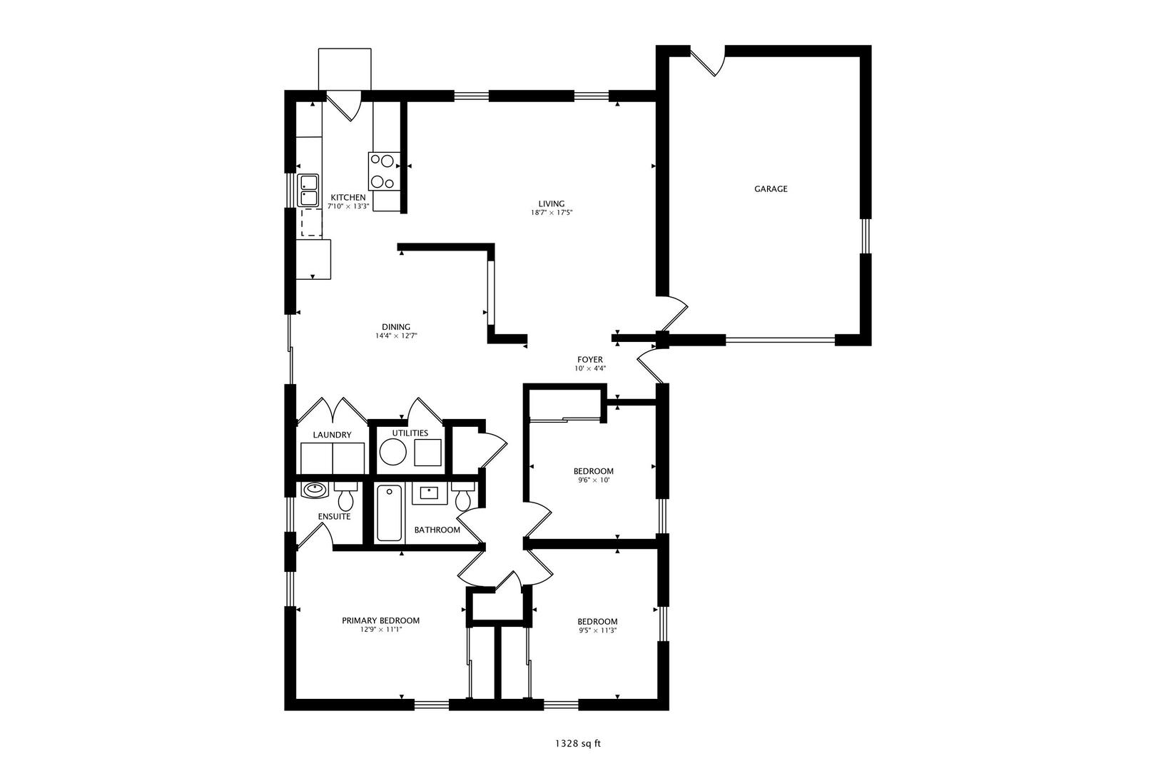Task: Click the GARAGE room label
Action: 771,189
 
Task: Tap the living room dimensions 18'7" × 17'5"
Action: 552,213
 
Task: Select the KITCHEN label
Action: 348,198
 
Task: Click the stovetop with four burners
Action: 383,171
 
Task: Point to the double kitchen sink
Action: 308,190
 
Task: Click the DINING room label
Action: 395,327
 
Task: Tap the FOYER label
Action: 590,360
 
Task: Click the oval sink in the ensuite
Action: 314,490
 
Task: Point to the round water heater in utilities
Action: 392,452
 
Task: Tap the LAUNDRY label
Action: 332,435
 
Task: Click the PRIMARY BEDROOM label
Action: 380,620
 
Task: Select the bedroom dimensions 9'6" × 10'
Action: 594,480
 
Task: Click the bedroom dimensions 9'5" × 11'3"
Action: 597,631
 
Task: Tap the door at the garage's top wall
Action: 709,61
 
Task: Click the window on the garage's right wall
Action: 865,236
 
